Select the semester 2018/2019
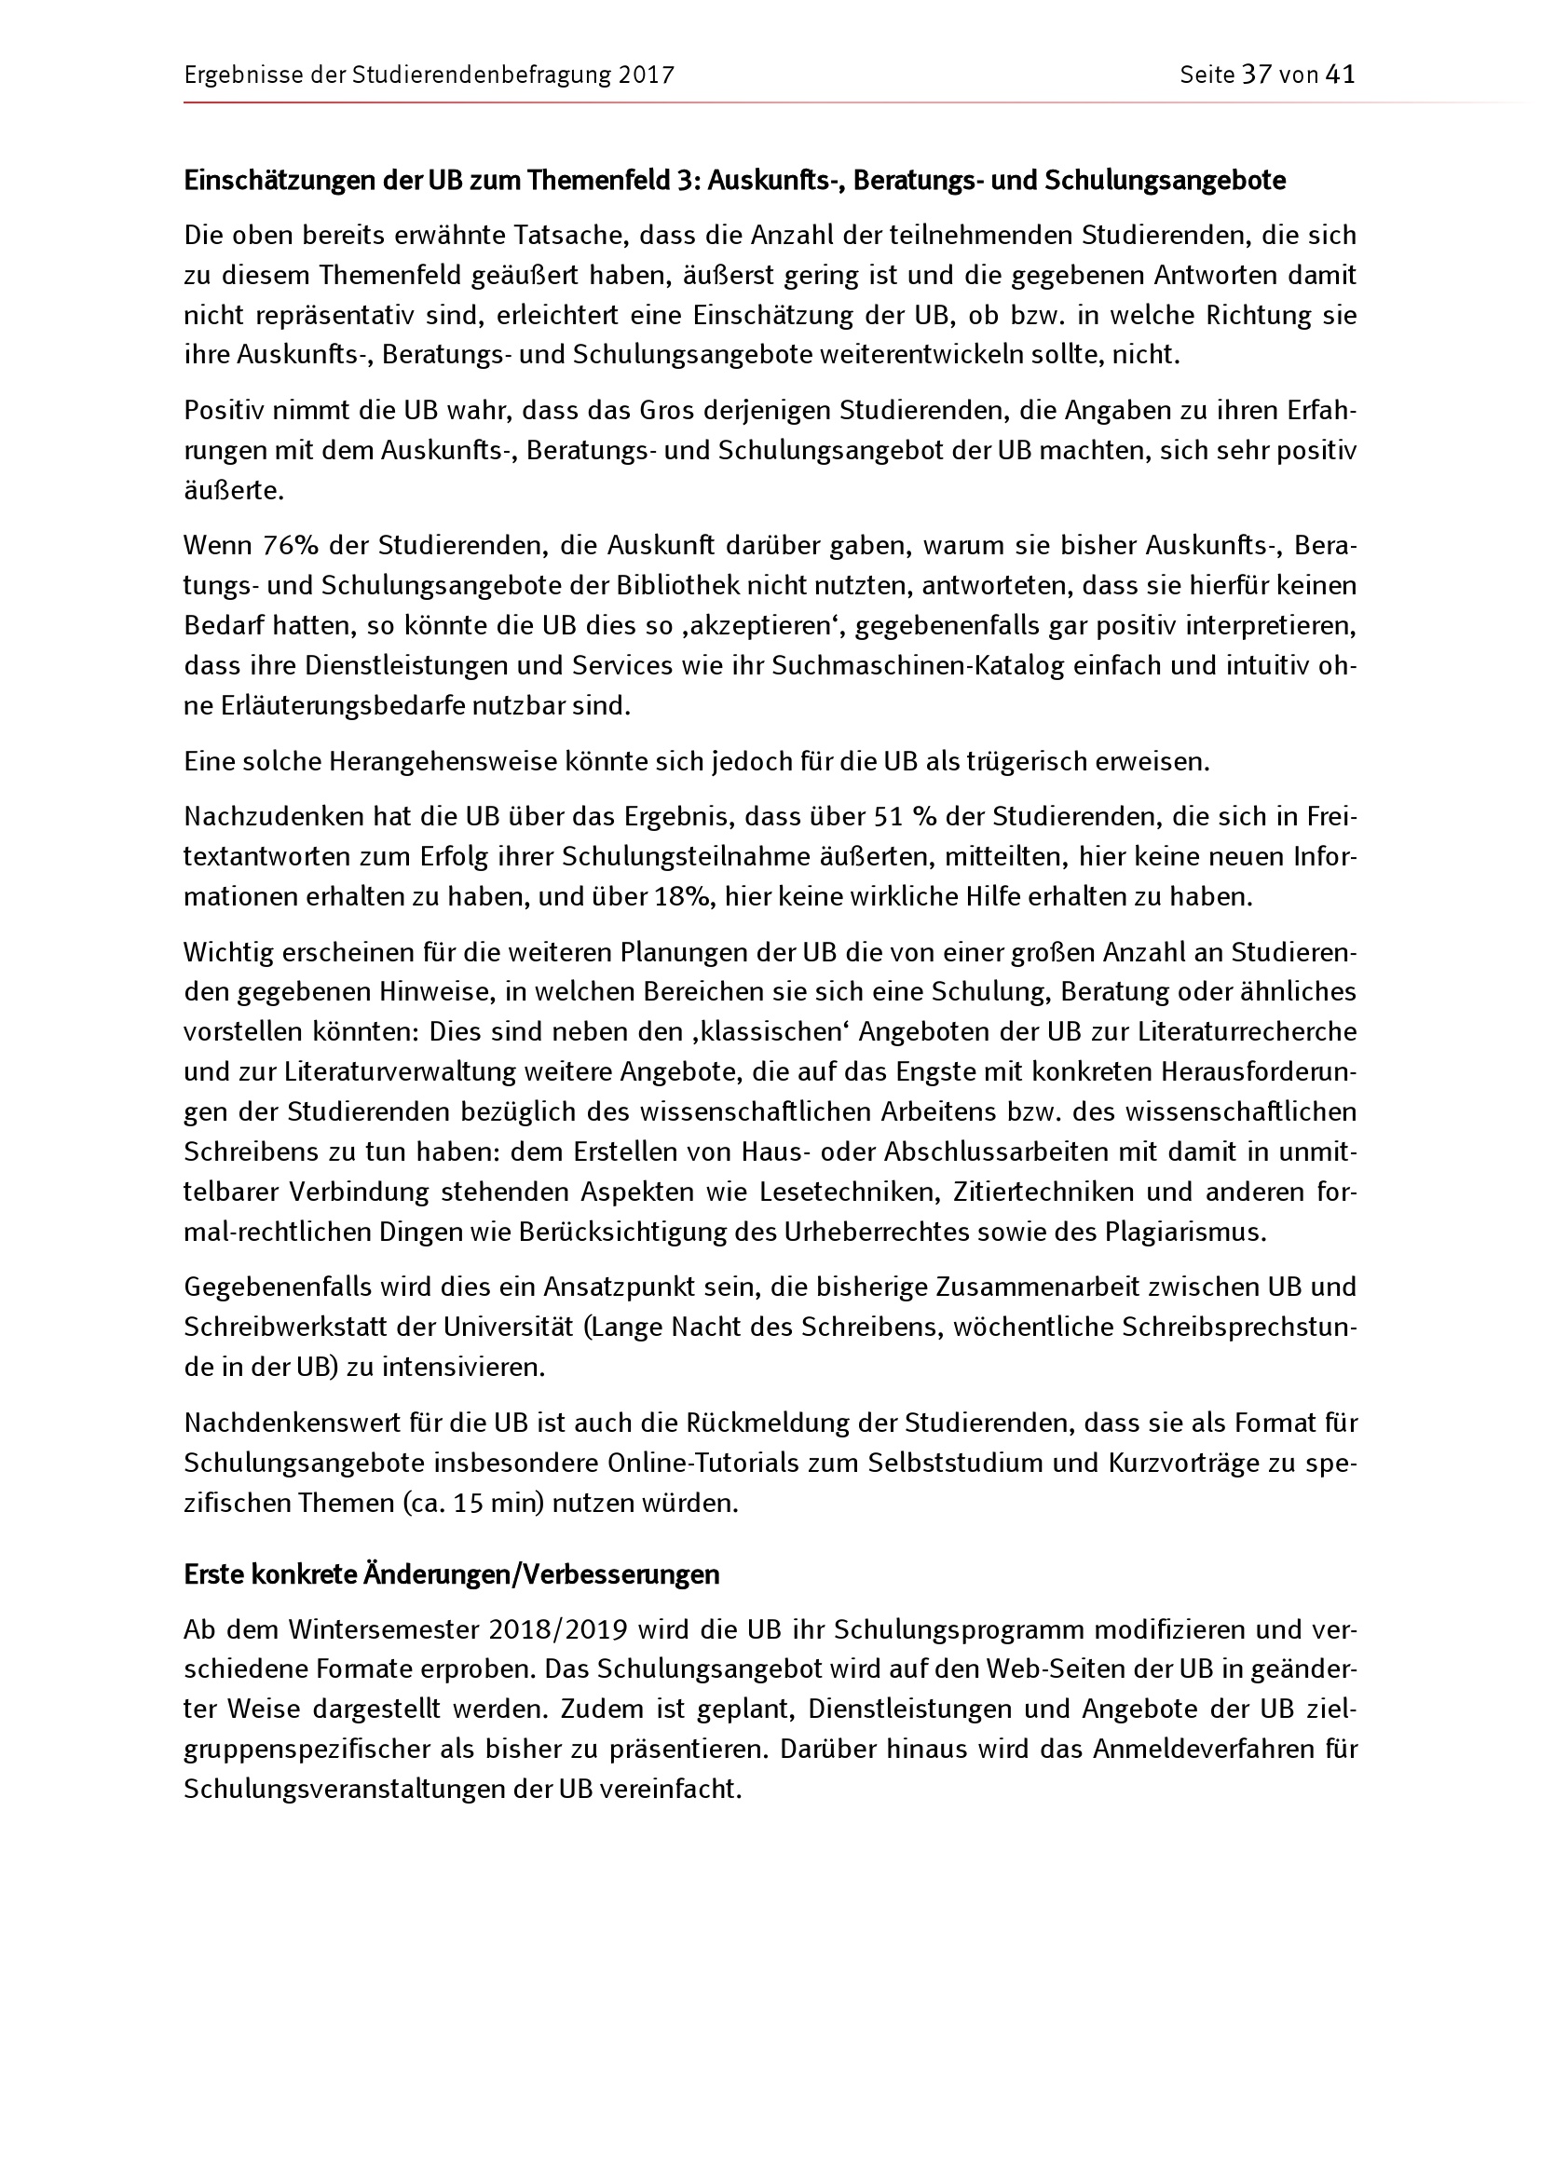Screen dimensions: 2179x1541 (x=558, y=1629)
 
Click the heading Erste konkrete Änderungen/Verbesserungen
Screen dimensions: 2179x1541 (x=452, y=1574)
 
